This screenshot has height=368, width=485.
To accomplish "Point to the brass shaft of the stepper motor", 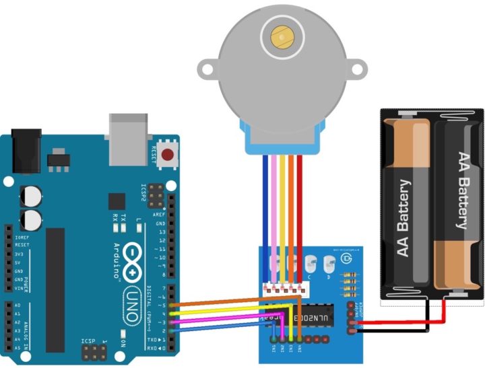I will click(x=281, y=36).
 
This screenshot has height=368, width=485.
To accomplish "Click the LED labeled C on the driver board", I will click(x=310, y=264).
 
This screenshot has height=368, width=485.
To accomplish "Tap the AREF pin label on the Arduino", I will click(x=160, y=215).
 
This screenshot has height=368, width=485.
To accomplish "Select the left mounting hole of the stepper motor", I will click(x=208, y=69).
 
